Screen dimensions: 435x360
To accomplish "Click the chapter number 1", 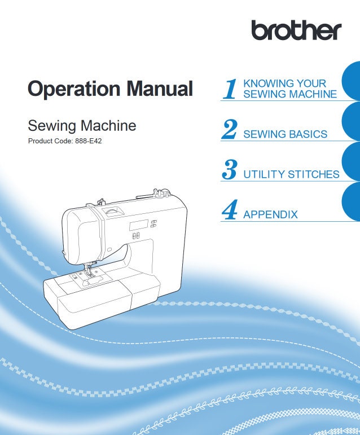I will pos(230,89).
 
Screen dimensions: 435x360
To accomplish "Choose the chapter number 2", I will pos(229,129).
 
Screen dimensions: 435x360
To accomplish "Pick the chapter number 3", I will pos(229,170).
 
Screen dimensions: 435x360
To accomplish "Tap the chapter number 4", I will pos(229,210).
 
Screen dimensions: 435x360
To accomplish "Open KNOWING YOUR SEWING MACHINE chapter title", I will pos(289,89).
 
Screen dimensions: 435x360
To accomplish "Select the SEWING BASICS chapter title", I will pos(285,134).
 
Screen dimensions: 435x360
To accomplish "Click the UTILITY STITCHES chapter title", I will pos(291,174).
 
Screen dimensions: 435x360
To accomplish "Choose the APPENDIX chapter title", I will pos(270,214).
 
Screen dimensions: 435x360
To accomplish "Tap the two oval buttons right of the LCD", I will pos(152,223).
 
